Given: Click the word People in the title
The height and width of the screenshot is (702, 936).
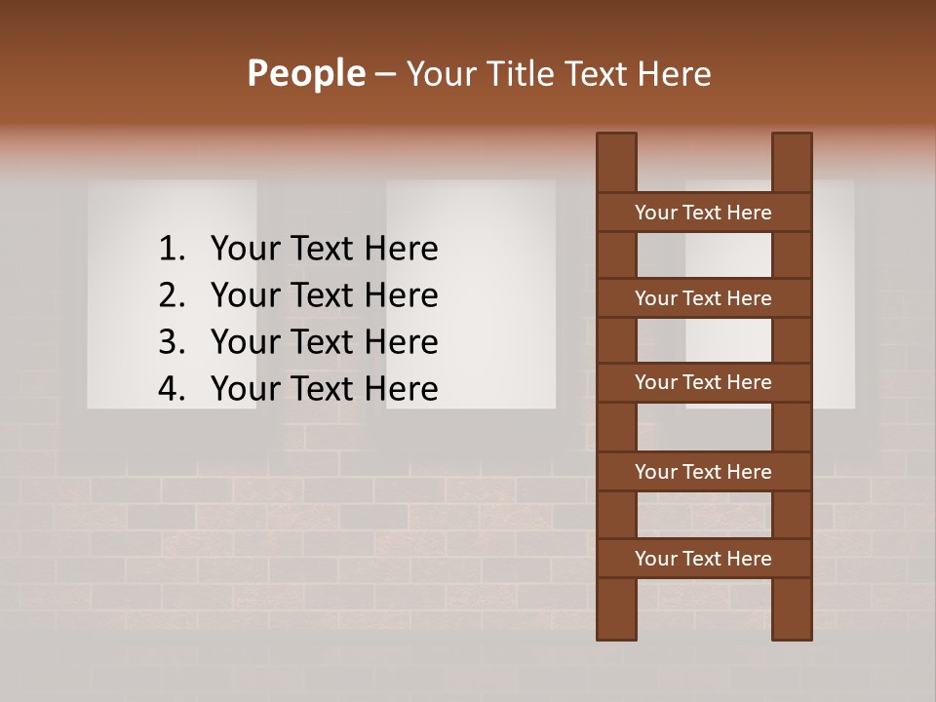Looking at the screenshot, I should (x=305, y=73).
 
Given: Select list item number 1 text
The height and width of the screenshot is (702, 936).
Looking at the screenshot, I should (x=324, y=249).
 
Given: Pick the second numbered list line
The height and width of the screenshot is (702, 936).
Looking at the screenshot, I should (x=324, y=295).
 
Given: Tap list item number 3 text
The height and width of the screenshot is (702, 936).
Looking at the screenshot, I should (x=324, y=342).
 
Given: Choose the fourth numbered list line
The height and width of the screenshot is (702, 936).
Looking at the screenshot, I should (x=324, y=389).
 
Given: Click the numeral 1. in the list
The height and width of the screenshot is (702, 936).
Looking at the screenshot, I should (x=171, y=249).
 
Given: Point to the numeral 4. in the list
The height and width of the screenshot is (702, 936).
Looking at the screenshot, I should (x=171, y=389).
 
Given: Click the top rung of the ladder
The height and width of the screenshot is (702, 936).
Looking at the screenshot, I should (x=703, y=213).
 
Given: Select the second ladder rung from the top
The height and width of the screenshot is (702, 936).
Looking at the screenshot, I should (x=703, y=298).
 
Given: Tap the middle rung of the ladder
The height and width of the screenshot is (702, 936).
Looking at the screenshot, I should (x=703, y=382).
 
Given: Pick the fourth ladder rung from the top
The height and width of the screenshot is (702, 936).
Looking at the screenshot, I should (x=703, y=472).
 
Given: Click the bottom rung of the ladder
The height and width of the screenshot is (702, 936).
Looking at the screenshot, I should (x=703, y=559).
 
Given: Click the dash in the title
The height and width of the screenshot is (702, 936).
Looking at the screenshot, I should (x=385, y=74).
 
